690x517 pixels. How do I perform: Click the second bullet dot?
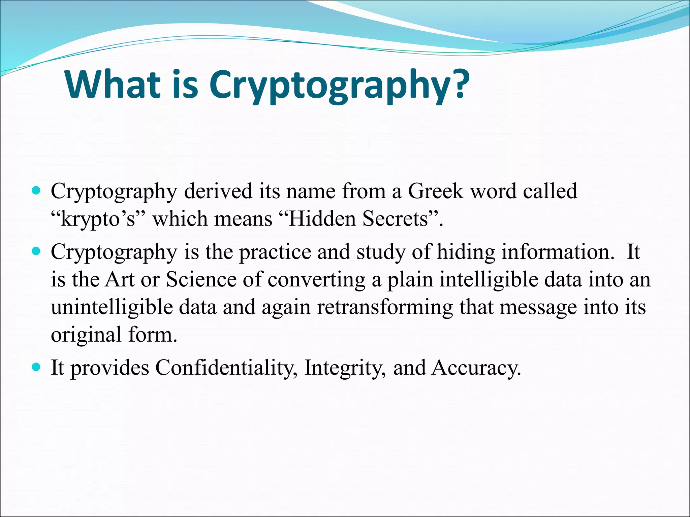click(36, 251)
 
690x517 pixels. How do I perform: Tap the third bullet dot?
click(36, 367)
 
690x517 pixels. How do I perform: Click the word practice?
click(275, 252)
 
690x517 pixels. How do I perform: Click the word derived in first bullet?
click(218, 191)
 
